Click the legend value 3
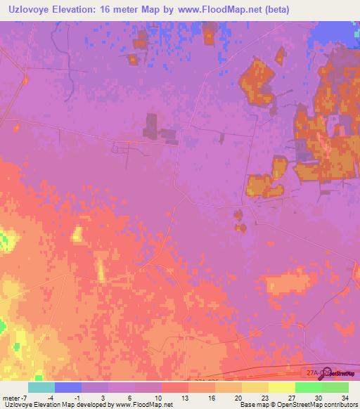(x=103, y=397)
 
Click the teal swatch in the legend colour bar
(x=41, y=387)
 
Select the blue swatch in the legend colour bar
(x=68, y=387)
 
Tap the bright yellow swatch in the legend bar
(x=282, y=387)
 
